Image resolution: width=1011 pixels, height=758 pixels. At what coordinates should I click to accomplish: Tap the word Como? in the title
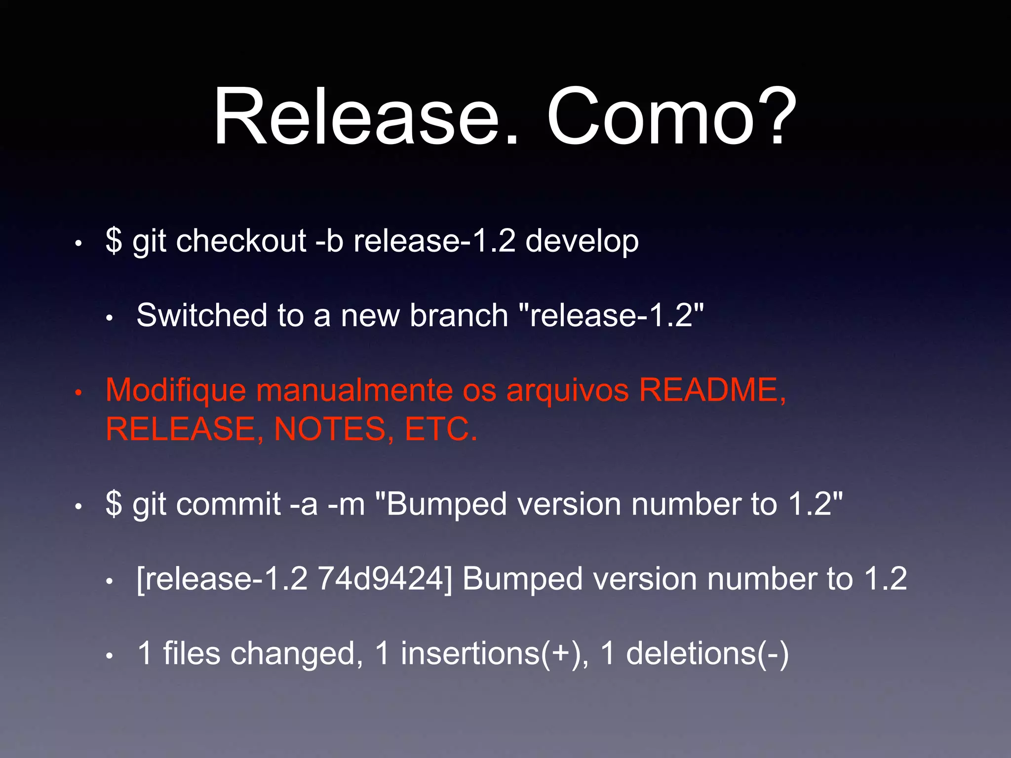672,117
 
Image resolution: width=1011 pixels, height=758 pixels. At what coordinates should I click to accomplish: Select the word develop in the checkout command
582,241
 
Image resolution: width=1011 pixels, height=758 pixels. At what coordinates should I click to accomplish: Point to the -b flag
329,241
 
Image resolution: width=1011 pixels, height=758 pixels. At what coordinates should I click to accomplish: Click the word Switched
202,315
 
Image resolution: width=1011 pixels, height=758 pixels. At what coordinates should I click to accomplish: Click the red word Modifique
176,390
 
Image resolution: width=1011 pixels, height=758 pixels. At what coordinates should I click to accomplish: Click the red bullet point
78,393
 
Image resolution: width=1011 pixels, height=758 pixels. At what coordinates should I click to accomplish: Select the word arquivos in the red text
568,390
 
